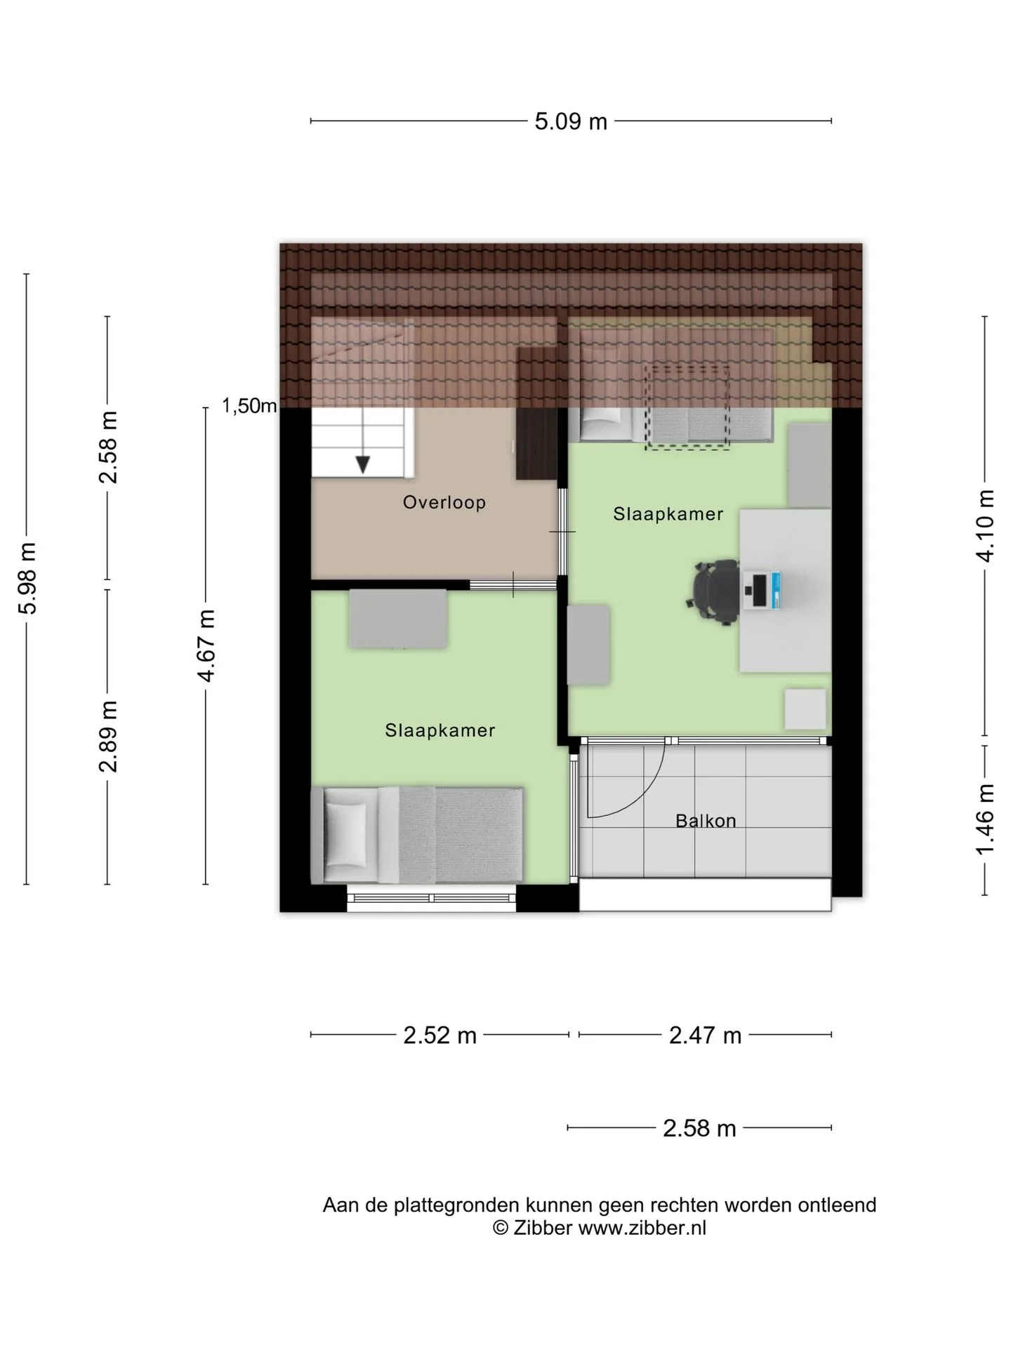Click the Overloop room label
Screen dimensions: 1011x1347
pyautogui.click(x=444, y=502)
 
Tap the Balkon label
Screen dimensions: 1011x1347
pyautogui.click(x=706, y=821)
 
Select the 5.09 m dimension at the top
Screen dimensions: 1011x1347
pyautogui.click(x=571, y=121)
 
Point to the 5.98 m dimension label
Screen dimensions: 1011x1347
pyautogui.click(x=27, y=578)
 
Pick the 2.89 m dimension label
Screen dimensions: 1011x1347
pyautogui.click(x=107, y=736)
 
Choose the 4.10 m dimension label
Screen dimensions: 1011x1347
pyautogui.click(x=985, y=525)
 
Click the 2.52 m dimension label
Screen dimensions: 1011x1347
pyautogui.click(x=440, y=1036)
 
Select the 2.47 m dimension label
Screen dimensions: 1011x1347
pyautogui.click(x=705, y=1036)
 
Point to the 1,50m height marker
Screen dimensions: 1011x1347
pyautogui.click(x=249, y=406)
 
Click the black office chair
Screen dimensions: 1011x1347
pyautogui.click(x=713, y=591)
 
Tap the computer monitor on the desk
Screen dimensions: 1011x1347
pyautogui.click(x=760, y=591)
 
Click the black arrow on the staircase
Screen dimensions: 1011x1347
pyautogui.click(x=362, y=464)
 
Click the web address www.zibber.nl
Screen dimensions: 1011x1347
pyautogui.click(x=642, y=1228)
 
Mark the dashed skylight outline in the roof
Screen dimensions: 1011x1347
pyautogui.click(x=687, y=408)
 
